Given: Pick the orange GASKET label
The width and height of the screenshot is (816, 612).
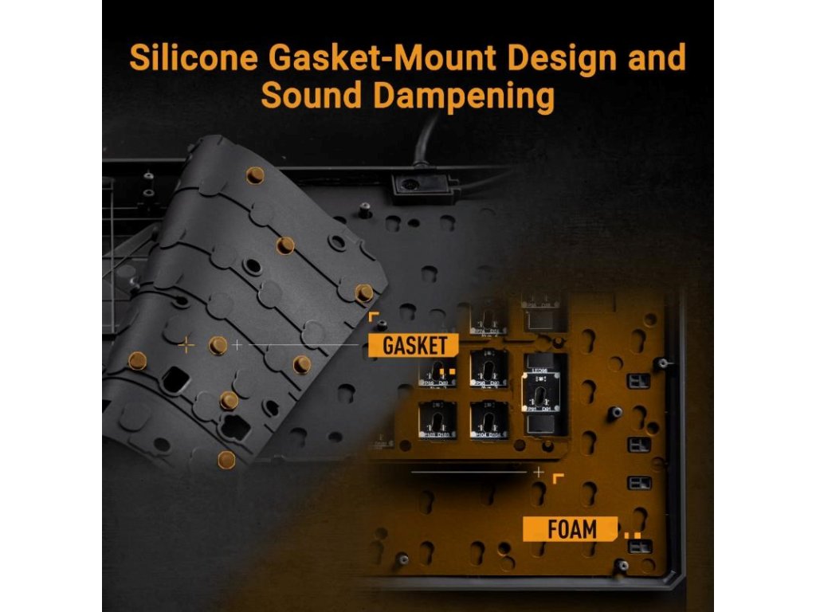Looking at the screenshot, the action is coord(414,345).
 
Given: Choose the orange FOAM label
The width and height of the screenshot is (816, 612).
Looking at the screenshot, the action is coord(571,528).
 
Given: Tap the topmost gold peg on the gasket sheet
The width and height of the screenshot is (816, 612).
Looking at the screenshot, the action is coord(255,175).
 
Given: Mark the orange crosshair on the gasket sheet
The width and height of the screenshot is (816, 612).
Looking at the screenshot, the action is coord(186,345).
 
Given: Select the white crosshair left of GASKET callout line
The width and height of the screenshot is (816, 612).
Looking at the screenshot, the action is coord(237,345).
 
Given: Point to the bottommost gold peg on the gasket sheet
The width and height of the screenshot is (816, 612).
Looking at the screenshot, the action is coord(227,458).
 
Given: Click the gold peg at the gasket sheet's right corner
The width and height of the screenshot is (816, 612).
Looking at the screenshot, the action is coord(364,292).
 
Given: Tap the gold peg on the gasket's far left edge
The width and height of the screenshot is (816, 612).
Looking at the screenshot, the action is coord(136,359).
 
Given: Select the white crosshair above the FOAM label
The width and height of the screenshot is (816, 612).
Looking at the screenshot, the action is coord(539,472).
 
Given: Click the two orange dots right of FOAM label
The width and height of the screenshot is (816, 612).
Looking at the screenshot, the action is coord(632,535).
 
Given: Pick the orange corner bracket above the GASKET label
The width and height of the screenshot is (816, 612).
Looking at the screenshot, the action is coord(373,317).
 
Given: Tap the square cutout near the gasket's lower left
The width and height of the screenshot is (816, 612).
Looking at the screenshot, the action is coord(173,375).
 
